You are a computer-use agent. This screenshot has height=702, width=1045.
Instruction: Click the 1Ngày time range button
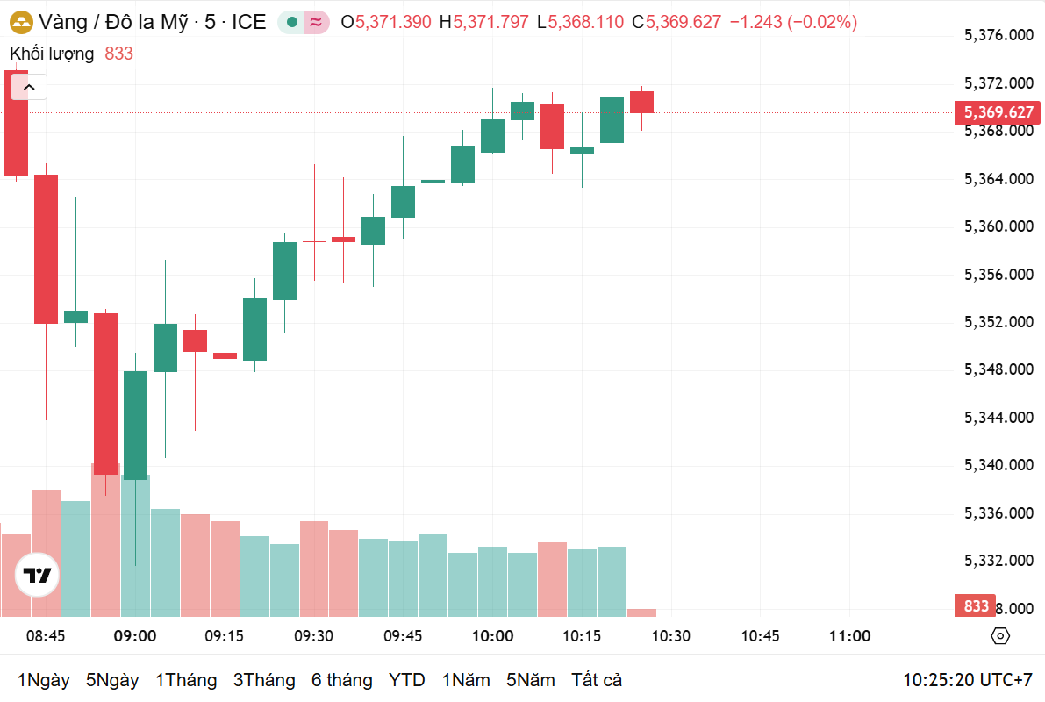point(43,680)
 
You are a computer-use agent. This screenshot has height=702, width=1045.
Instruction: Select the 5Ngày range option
point(112,680)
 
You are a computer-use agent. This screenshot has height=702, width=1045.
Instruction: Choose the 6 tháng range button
point(341,680)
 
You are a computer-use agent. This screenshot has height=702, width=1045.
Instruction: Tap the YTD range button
point(406,680)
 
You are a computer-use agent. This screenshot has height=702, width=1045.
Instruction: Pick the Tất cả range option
point(597,680)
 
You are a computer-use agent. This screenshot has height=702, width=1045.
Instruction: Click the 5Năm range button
point(530,680)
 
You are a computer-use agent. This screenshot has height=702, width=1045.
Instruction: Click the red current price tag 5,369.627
point(998,112)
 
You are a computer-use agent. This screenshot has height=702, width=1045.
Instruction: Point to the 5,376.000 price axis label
point(998,35)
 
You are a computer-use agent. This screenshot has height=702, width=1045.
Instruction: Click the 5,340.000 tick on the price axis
point(998,465)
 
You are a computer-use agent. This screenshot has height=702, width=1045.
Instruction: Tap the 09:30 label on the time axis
point(313,636)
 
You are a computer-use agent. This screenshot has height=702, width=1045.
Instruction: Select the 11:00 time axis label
point(849,636)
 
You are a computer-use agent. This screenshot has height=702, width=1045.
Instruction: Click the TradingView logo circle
point(38,576)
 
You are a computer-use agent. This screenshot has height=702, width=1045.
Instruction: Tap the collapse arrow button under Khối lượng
point(29,87)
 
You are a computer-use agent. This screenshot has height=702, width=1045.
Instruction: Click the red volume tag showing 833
point(976,606)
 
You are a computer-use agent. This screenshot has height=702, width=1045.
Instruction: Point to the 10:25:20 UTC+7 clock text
point(968,680)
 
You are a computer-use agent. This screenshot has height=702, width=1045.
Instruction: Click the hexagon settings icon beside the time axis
point(1000,636)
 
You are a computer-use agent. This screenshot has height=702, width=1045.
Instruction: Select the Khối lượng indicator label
point(52,54)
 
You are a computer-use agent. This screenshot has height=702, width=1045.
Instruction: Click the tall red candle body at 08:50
point(46,249)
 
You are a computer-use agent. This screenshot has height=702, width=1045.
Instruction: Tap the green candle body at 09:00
point(135,425)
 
